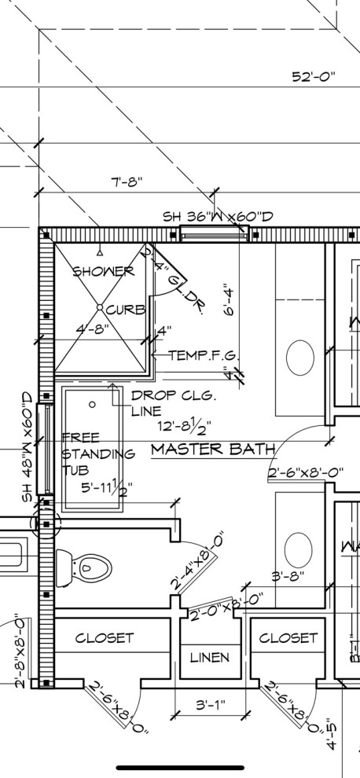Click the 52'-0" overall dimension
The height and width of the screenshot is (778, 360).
click(313, 77)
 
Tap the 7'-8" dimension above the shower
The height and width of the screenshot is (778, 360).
click(126, 182)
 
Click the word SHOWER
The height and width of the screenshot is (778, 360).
click(103, 272)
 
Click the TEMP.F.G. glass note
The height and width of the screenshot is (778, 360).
click(204, 355)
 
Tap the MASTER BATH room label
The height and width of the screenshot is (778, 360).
click(213, 450)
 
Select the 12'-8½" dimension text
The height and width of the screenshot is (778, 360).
click(183, 427)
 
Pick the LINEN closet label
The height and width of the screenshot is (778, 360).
click(210, 657)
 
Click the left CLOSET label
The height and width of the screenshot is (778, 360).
click(105, 638)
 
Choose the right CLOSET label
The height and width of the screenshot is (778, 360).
click(288, 638)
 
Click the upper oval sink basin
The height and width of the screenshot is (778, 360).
click(300, 358)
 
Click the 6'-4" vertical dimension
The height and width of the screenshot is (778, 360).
click(229, 299)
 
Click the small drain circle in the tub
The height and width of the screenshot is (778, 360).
click(92, 404)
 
